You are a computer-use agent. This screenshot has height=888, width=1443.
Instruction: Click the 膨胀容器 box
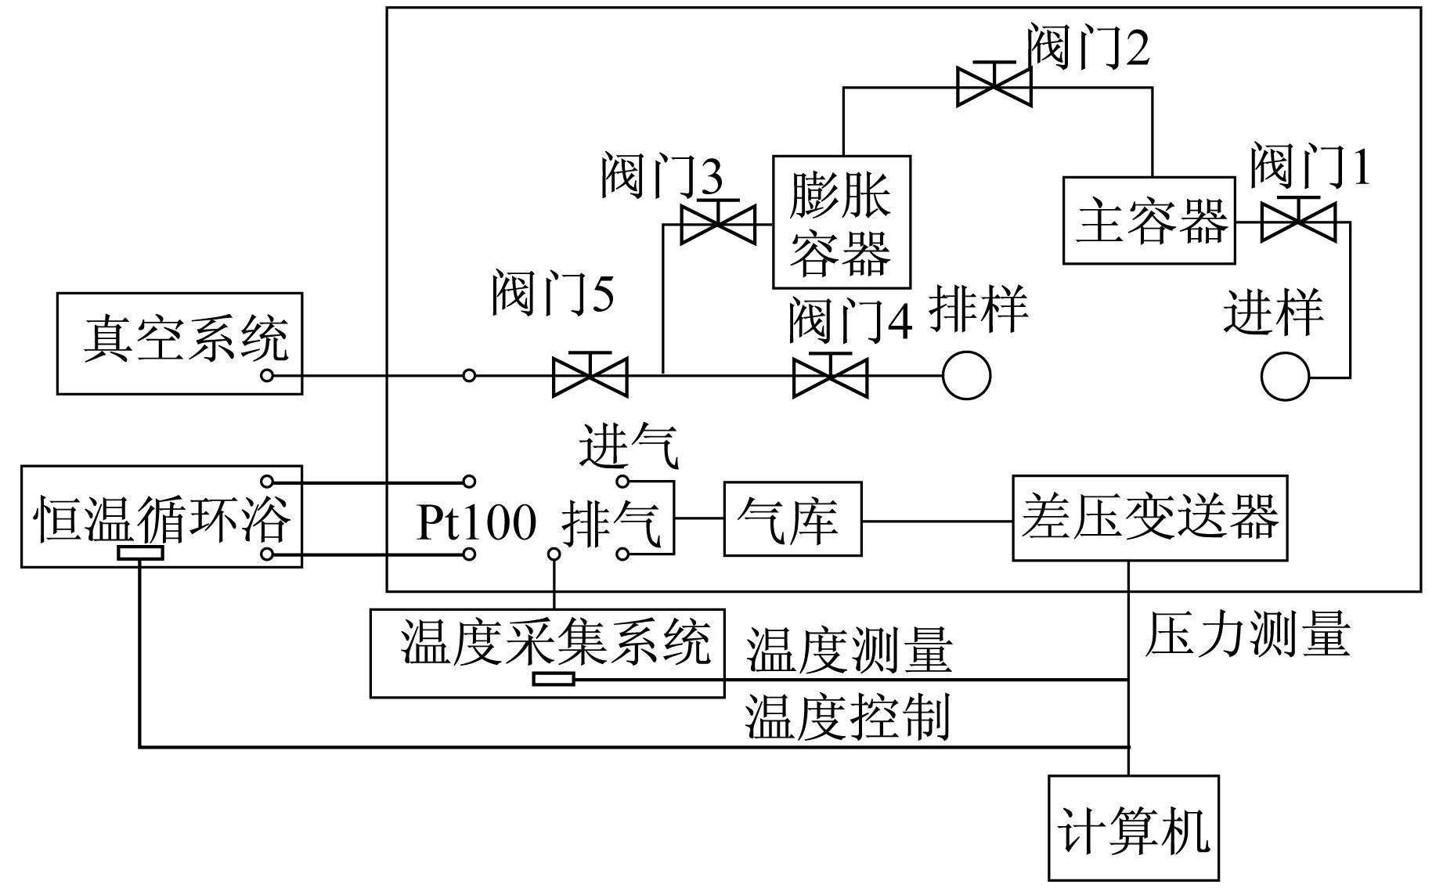click(x=842, y=222)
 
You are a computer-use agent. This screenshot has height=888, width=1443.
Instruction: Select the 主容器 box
click(x=1149, y=220)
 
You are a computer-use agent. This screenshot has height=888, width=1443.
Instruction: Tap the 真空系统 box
click(x=179, y=343)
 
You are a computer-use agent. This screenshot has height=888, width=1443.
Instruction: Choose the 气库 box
click(x=792, y=518)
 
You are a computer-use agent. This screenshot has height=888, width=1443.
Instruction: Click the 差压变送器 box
click(x=1149, y=518)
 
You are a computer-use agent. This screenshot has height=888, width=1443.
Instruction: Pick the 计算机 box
click(x=1134, y=828)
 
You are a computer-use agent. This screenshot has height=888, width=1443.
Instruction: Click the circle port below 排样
click(x=966, y=376)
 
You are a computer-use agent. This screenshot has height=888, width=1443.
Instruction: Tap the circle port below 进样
click(x=1285, y=377)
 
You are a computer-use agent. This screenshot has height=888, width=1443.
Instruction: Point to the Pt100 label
click(x=476, y=522)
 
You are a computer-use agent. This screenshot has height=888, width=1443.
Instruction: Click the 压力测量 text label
click(x=1248, y=634)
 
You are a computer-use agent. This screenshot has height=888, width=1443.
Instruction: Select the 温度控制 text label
click(x=848, y=717)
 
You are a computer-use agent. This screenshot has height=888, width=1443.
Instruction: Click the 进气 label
click(x=630, y=446)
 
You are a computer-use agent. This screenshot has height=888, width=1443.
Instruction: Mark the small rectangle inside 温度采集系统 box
click(x=554, y=679)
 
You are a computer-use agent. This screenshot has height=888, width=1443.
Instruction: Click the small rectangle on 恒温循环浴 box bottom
click(x=140, y=554)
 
